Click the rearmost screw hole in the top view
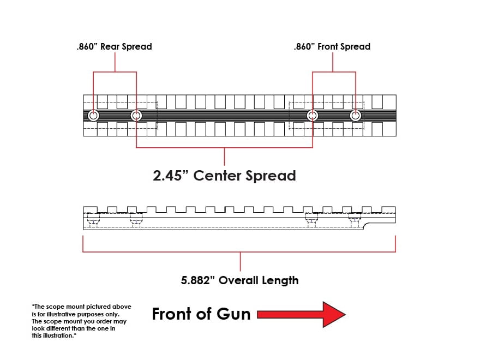click(93, 116)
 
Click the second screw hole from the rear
click(136, 116)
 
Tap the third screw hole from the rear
click(312, 116)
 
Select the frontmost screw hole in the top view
click(356, 116)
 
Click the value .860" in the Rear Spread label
click(87, 46)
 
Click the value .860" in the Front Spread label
click(304, 46)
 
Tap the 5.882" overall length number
click(198, 280)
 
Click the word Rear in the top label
click(110, 46)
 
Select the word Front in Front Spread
click(328, 46)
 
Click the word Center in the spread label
click(217, 176)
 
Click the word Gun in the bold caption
click(233, 314)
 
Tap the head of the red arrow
click(334, 314)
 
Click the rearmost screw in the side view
click(93, 220)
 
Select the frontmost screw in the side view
click(355, 220)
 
